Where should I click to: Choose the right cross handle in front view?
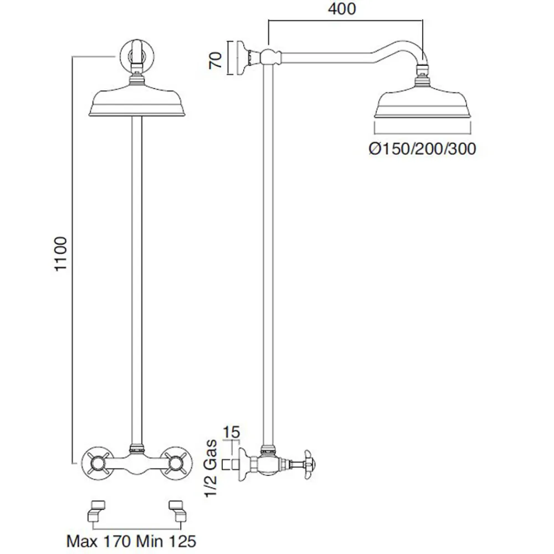click(x=177, y=460)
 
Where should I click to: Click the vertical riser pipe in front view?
click(x=136, y=277)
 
